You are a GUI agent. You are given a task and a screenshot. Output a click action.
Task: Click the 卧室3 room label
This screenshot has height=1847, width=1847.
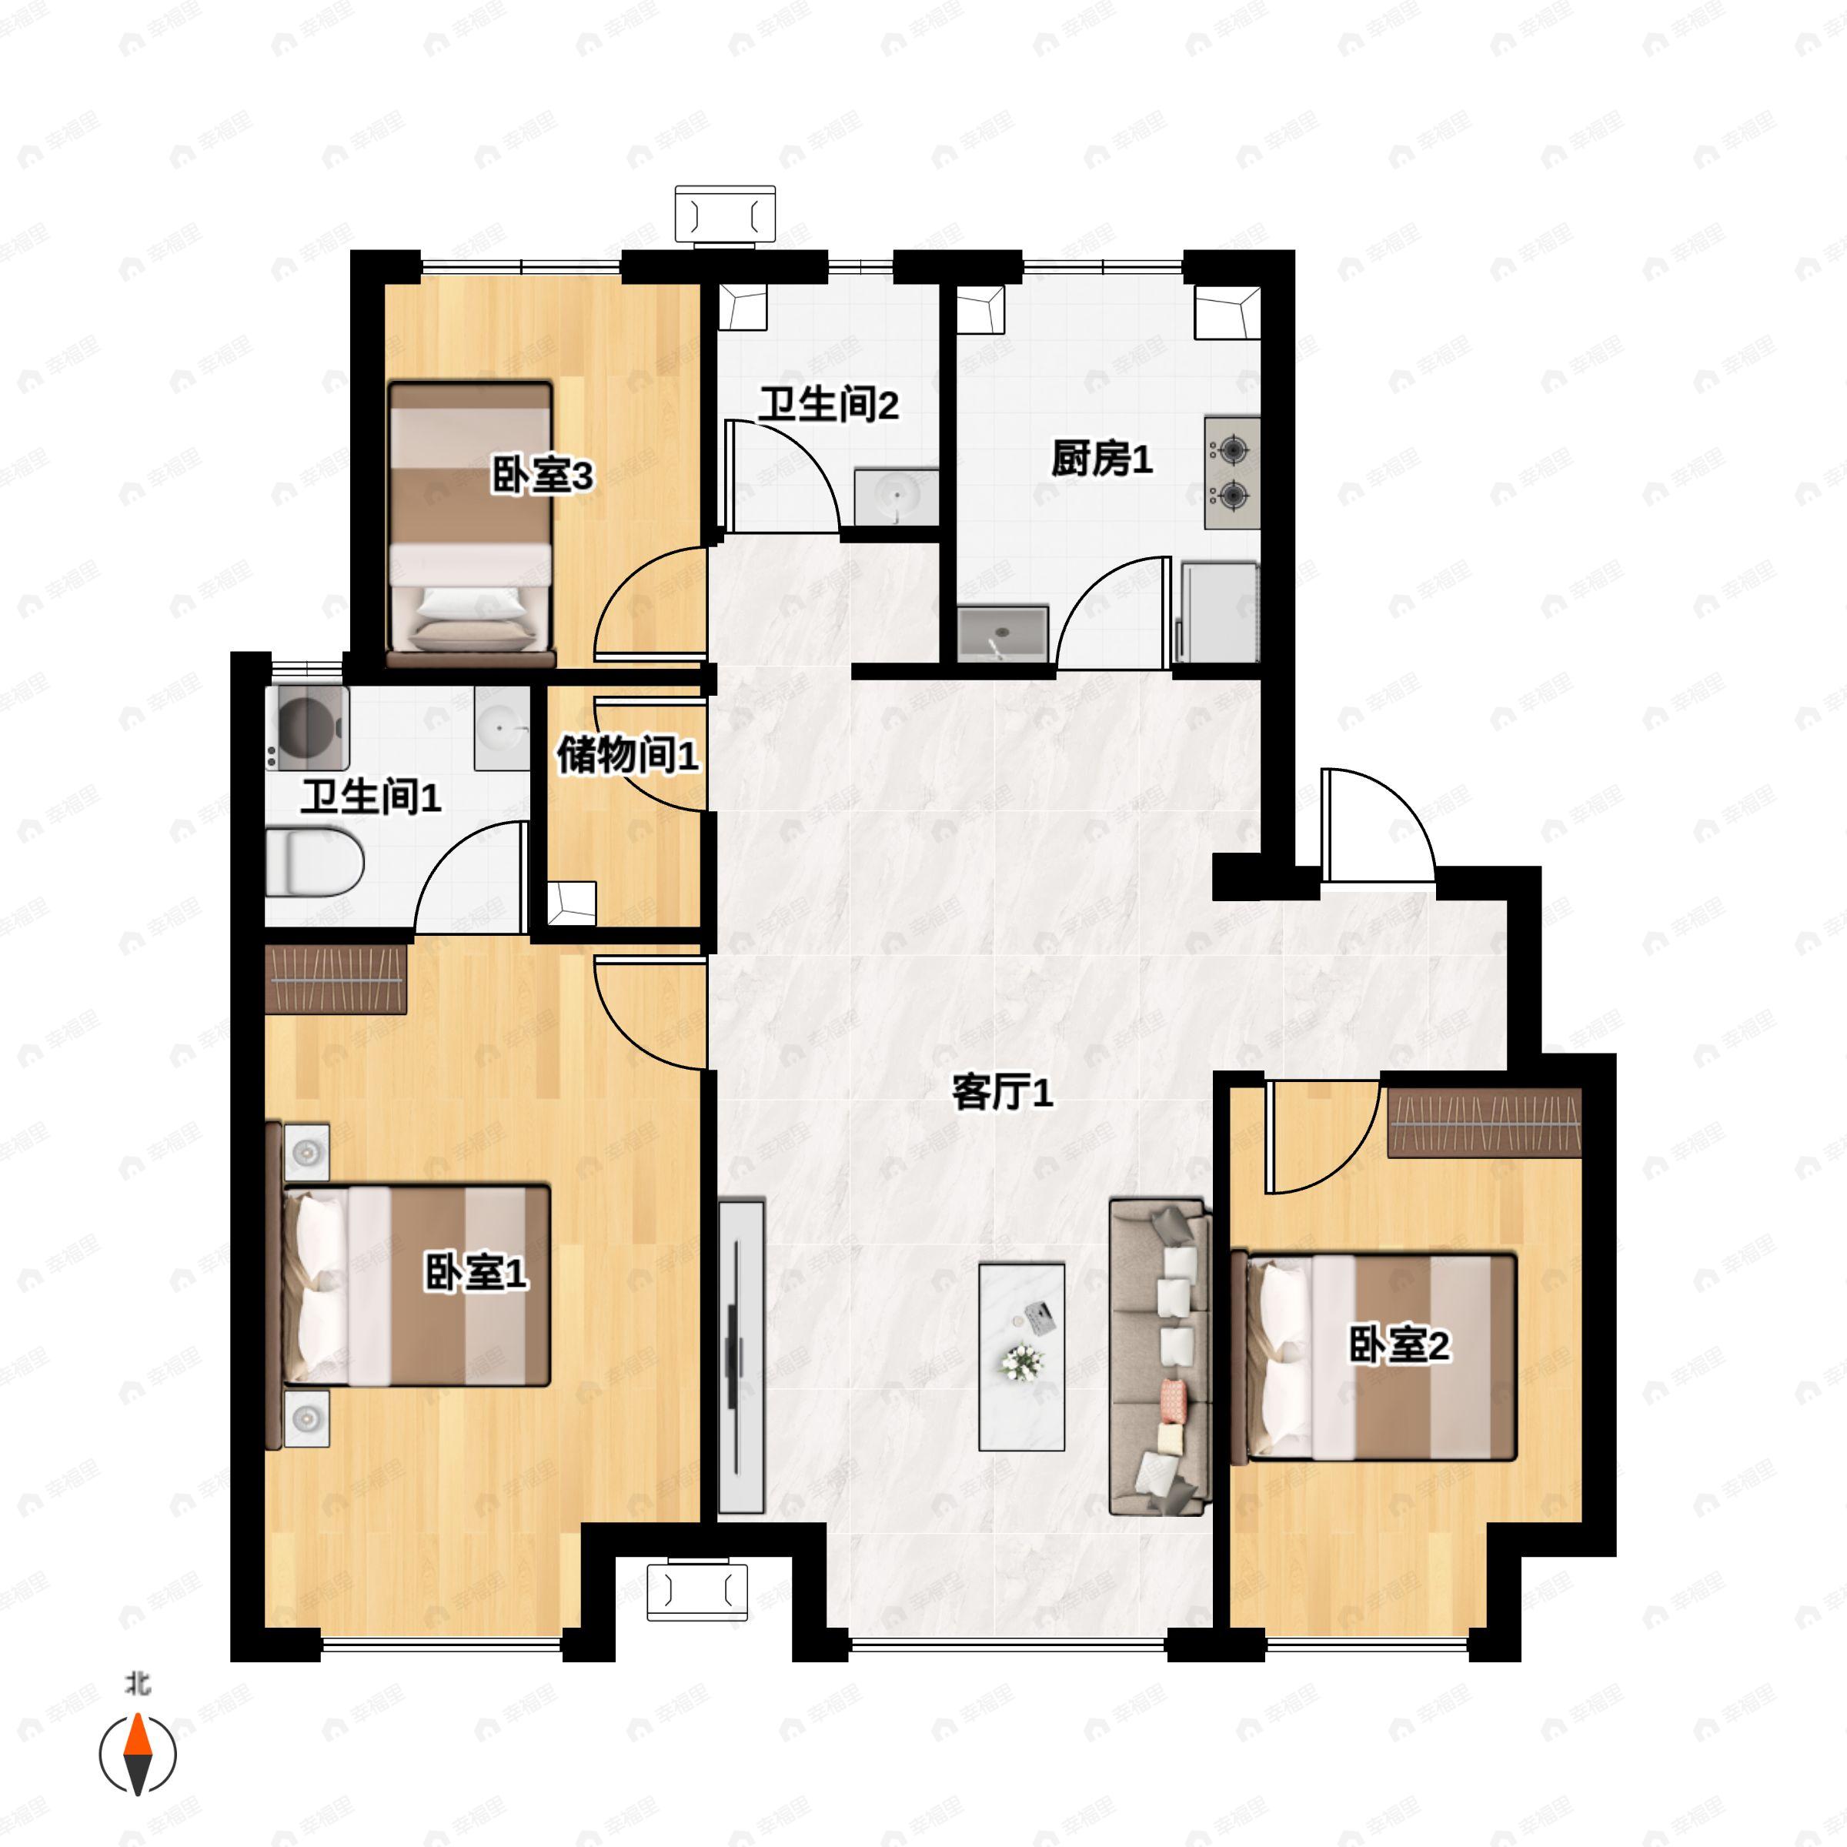pyautogui.click(x=542, y=475)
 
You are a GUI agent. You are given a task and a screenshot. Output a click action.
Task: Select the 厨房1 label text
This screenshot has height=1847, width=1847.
pyautogui.click(x=1101, y=459)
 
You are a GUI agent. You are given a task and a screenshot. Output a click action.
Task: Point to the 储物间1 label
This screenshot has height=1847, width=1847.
pyautogui.click(x=627, y=755)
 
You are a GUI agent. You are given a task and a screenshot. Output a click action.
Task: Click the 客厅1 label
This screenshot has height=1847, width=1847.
pyautogui.click(x=1002, y=1092)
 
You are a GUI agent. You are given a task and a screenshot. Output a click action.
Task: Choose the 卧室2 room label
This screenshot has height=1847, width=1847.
pyautogui.click(x=1398, y=1345)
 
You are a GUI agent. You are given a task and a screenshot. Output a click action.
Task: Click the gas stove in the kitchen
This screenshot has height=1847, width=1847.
pyautogui.click(x=1231, y=473)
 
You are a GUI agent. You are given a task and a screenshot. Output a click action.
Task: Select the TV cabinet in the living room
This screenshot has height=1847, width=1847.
pyautogui.click(x=741, y=1358)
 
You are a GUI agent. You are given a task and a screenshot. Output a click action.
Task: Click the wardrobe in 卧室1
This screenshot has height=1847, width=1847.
pyautogui.click(x=336, y=979)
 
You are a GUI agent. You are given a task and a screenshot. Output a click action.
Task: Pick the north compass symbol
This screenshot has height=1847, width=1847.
pyautogui.click(x=139, y=1753)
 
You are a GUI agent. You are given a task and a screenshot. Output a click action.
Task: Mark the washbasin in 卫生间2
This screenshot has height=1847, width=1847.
pyautogui.click(x=896, y=497)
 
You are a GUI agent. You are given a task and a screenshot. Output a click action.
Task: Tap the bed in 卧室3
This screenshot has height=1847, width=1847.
pyautogui.click(x=471, y=524)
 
